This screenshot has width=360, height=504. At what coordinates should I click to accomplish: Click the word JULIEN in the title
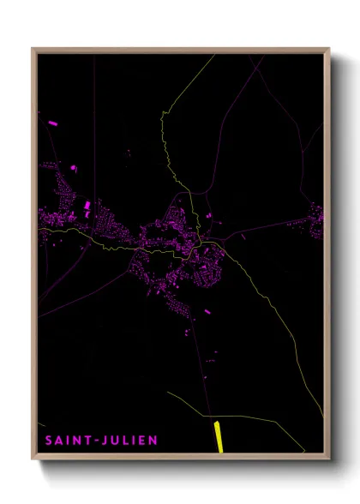(128, 441)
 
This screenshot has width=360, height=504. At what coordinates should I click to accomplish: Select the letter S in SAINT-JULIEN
(50, 441)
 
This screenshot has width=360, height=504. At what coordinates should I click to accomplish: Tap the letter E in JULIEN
(140, 441)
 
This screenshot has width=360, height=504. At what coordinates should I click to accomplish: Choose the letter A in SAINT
(59, 441)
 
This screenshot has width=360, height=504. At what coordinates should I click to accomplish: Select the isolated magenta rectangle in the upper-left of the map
(53, 123)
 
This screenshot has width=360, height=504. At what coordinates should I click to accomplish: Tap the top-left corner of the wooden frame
(33, 49)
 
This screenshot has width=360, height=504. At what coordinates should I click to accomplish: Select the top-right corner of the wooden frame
(329, 49)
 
